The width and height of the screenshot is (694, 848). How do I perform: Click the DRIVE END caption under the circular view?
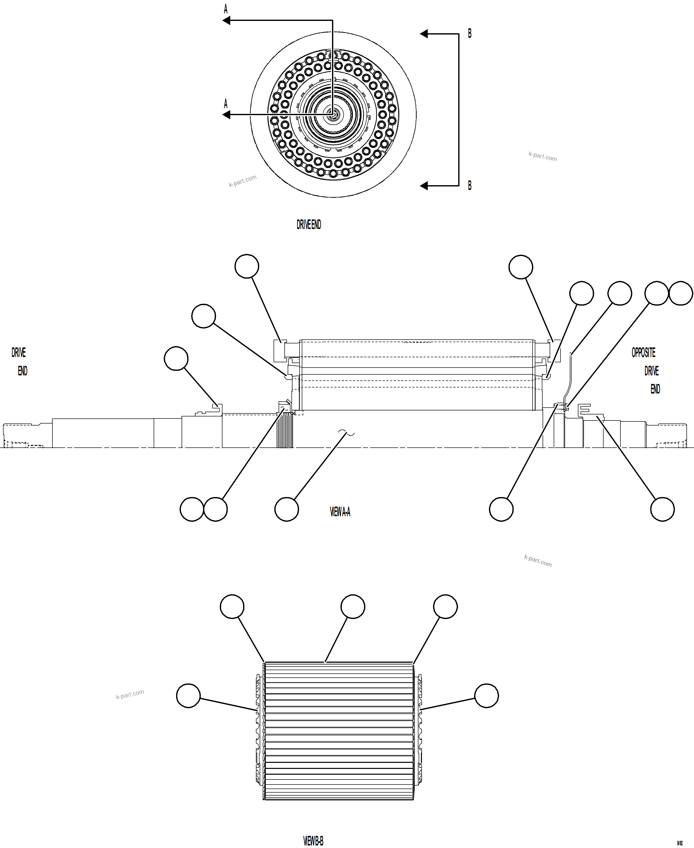tap(309, 225)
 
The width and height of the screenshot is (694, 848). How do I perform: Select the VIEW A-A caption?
tap(340, 512)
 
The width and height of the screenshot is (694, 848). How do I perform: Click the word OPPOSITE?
tap(643, 353)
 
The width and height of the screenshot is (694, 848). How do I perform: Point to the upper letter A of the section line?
tap(225, 9)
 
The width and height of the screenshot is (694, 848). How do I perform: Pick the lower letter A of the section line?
tap(225, 104)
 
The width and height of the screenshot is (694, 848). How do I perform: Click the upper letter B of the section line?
tap(470, 34)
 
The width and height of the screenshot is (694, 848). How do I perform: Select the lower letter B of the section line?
tap(470, 185)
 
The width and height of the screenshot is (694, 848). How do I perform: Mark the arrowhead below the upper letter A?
tap(226, 20)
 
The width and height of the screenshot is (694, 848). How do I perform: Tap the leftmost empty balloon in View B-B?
tap(188, 696)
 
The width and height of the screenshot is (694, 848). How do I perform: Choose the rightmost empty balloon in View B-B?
tap(486, 696)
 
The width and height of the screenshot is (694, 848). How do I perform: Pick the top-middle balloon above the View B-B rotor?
tap(353, 606)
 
